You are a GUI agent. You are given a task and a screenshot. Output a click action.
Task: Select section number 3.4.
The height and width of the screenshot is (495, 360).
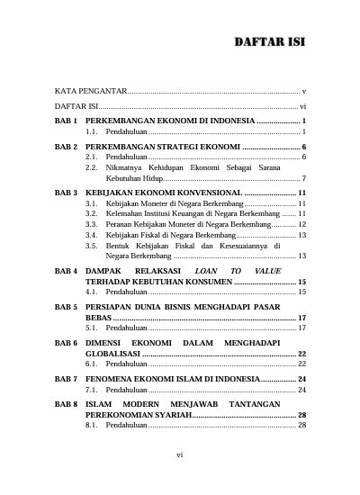pos(93,234)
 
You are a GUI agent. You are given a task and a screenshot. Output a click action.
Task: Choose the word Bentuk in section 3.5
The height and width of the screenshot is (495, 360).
pos(118,245)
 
